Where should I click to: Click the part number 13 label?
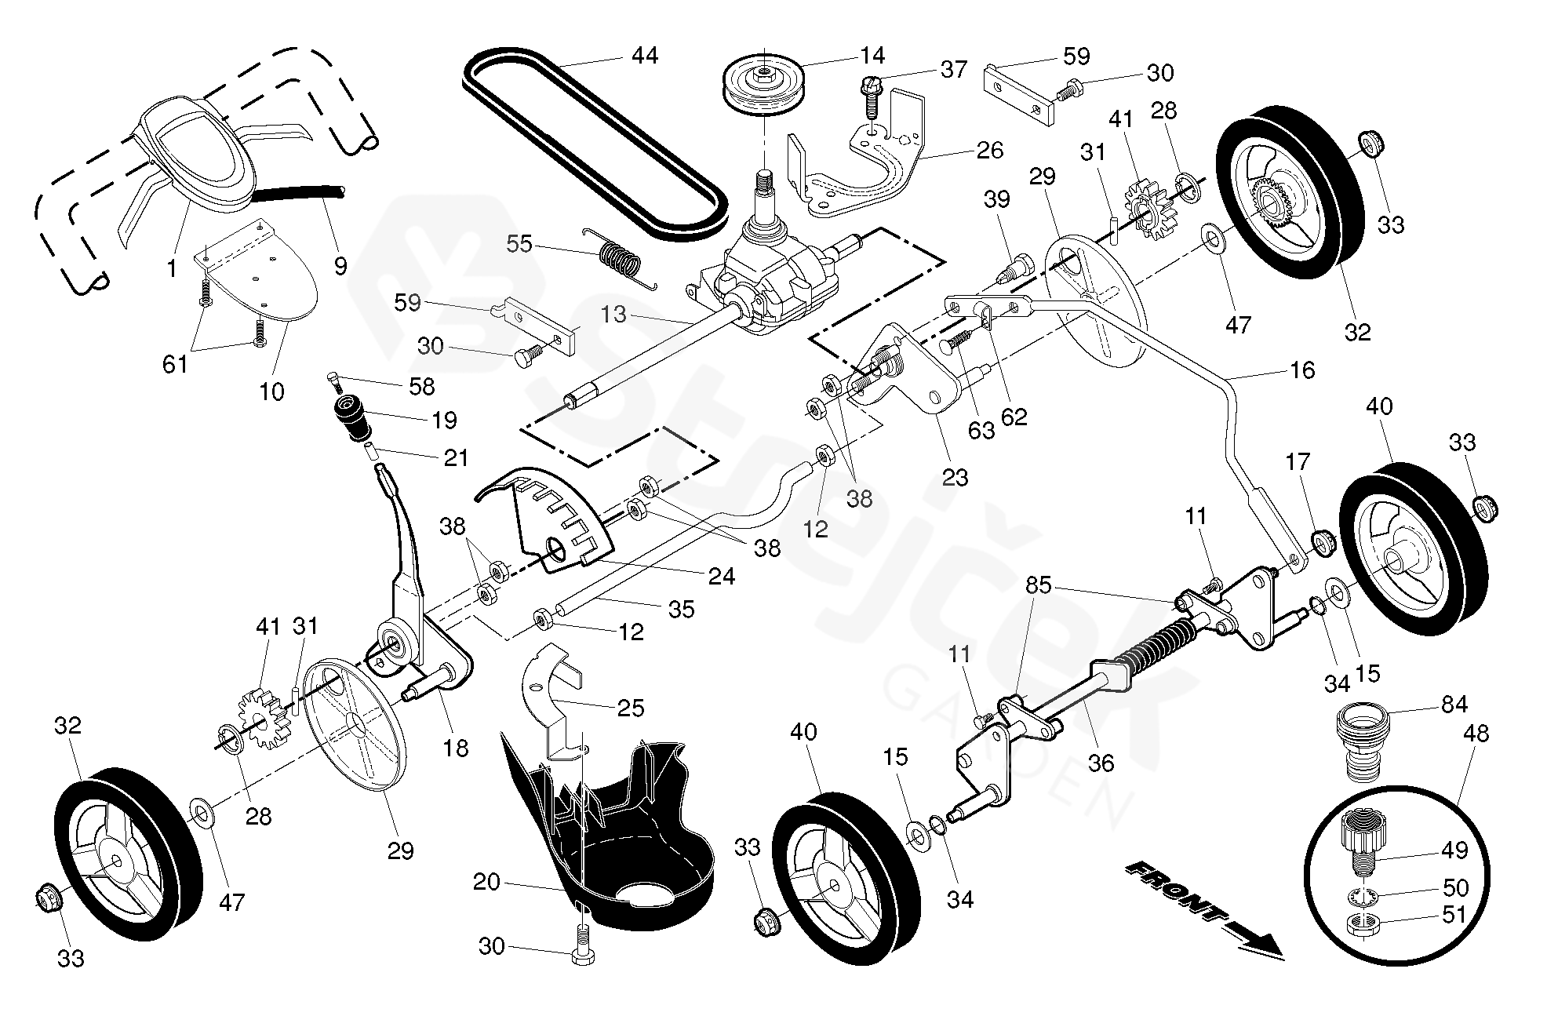(x=613, y=315)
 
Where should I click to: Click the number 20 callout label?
(x=486, y=882)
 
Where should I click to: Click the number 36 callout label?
(x=1101, y=762)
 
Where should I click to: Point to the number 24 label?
(x=722, y=577)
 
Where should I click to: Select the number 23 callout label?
(x=955, y=477)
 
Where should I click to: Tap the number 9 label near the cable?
(x=340, y=266)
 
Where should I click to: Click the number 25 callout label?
(x=630, y=708)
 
